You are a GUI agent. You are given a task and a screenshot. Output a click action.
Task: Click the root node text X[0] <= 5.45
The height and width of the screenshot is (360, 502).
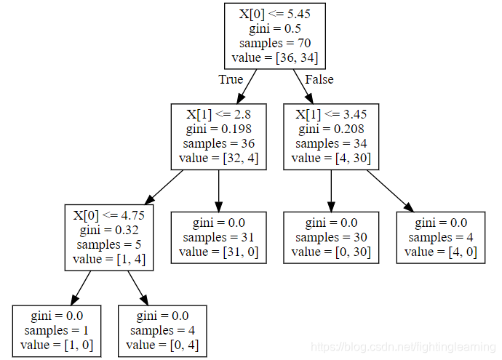[274, 14]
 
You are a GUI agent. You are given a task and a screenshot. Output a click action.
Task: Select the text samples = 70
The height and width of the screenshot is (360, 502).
[274, 43]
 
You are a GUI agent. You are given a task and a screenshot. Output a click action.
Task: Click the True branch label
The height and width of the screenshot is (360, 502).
[231, 79]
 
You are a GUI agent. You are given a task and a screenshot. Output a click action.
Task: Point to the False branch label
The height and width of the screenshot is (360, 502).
[319, 79]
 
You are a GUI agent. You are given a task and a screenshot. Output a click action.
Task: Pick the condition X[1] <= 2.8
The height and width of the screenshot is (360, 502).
[218, 114]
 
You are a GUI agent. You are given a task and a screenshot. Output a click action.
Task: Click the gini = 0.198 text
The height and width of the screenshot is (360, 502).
[218, 129]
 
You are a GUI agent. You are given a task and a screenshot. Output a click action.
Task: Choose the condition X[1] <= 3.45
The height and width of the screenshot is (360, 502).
[331, 114]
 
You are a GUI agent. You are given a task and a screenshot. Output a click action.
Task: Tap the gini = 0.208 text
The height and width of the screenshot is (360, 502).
[331, 129]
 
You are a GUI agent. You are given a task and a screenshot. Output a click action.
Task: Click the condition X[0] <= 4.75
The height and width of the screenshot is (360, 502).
[108, 215]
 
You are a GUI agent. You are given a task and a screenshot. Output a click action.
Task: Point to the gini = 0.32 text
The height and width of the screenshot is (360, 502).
[108, 230]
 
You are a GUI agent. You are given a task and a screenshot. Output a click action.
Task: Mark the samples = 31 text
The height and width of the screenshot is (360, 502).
[218, 237]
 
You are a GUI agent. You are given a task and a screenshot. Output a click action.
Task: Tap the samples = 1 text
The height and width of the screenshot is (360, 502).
[56, 330]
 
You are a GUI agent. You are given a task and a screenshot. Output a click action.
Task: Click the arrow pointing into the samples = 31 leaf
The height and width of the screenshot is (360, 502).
[218, 191]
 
